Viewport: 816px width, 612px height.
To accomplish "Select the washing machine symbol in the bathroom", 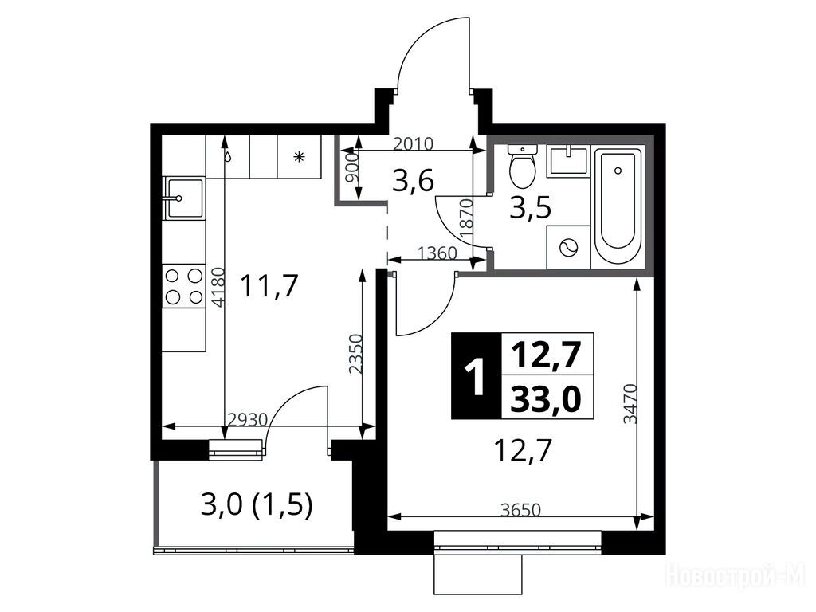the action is click(x=568, y=247).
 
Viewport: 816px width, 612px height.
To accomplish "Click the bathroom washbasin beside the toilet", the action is click(x=569, y=160).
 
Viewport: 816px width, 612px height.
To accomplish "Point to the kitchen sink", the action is click(x=184, y=198).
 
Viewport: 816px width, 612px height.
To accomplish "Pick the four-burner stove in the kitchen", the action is click(x=184, y=285).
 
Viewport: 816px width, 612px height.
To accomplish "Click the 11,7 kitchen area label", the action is click(x=269, y=286).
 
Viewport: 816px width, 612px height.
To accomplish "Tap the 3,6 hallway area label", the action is click(x=414, y=182).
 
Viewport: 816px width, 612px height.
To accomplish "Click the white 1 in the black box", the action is click(x=475, y=376).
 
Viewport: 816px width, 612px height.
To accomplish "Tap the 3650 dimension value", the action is click(x=520, y=509).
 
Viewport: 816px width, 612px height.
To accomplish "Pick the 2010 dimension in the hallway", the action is click(x=413, y=143).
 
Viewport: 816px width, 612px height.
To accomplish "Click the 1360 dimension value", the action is click(x=437, y=253).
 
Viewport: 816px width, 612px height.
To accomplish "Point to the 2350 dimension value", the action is click(x=356, y=354).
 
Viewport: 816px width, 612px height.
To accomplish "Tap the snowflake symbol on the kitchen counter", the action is click(x=299, y=156).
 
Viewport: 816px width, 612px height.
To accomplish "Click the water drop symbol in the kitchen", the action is click(x=227, y=156).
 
